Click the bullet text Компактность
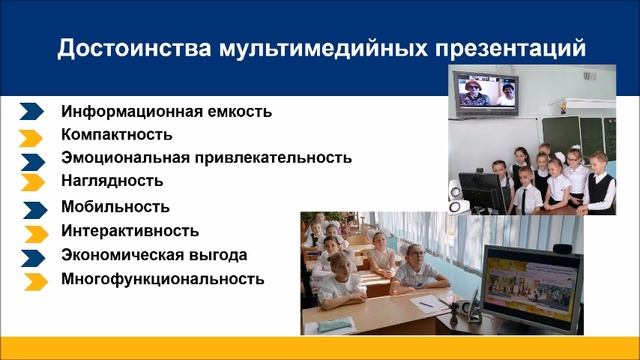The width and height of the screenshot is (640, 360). pyautogui.click(x=116, y=134)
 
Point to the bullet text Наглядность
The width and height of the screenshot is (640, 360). pyautogui.click(x=111, y=181)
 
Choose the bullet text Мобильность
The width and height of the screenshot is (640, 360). pyautogui.click(x=115, y=207)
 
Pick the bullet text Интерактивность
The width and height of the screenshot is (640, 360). pyautogui.click(x=129, y=231)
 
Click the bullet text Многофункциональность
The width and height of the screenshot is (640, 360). pyautogui.click(x=162, y=280)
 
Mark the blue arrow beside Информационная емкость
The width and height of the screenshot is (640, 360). pyautogui.click(x=32, y=112)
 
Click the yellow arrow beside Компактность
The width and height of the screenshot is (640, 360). pyautogui.click(x=32, y=136)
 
